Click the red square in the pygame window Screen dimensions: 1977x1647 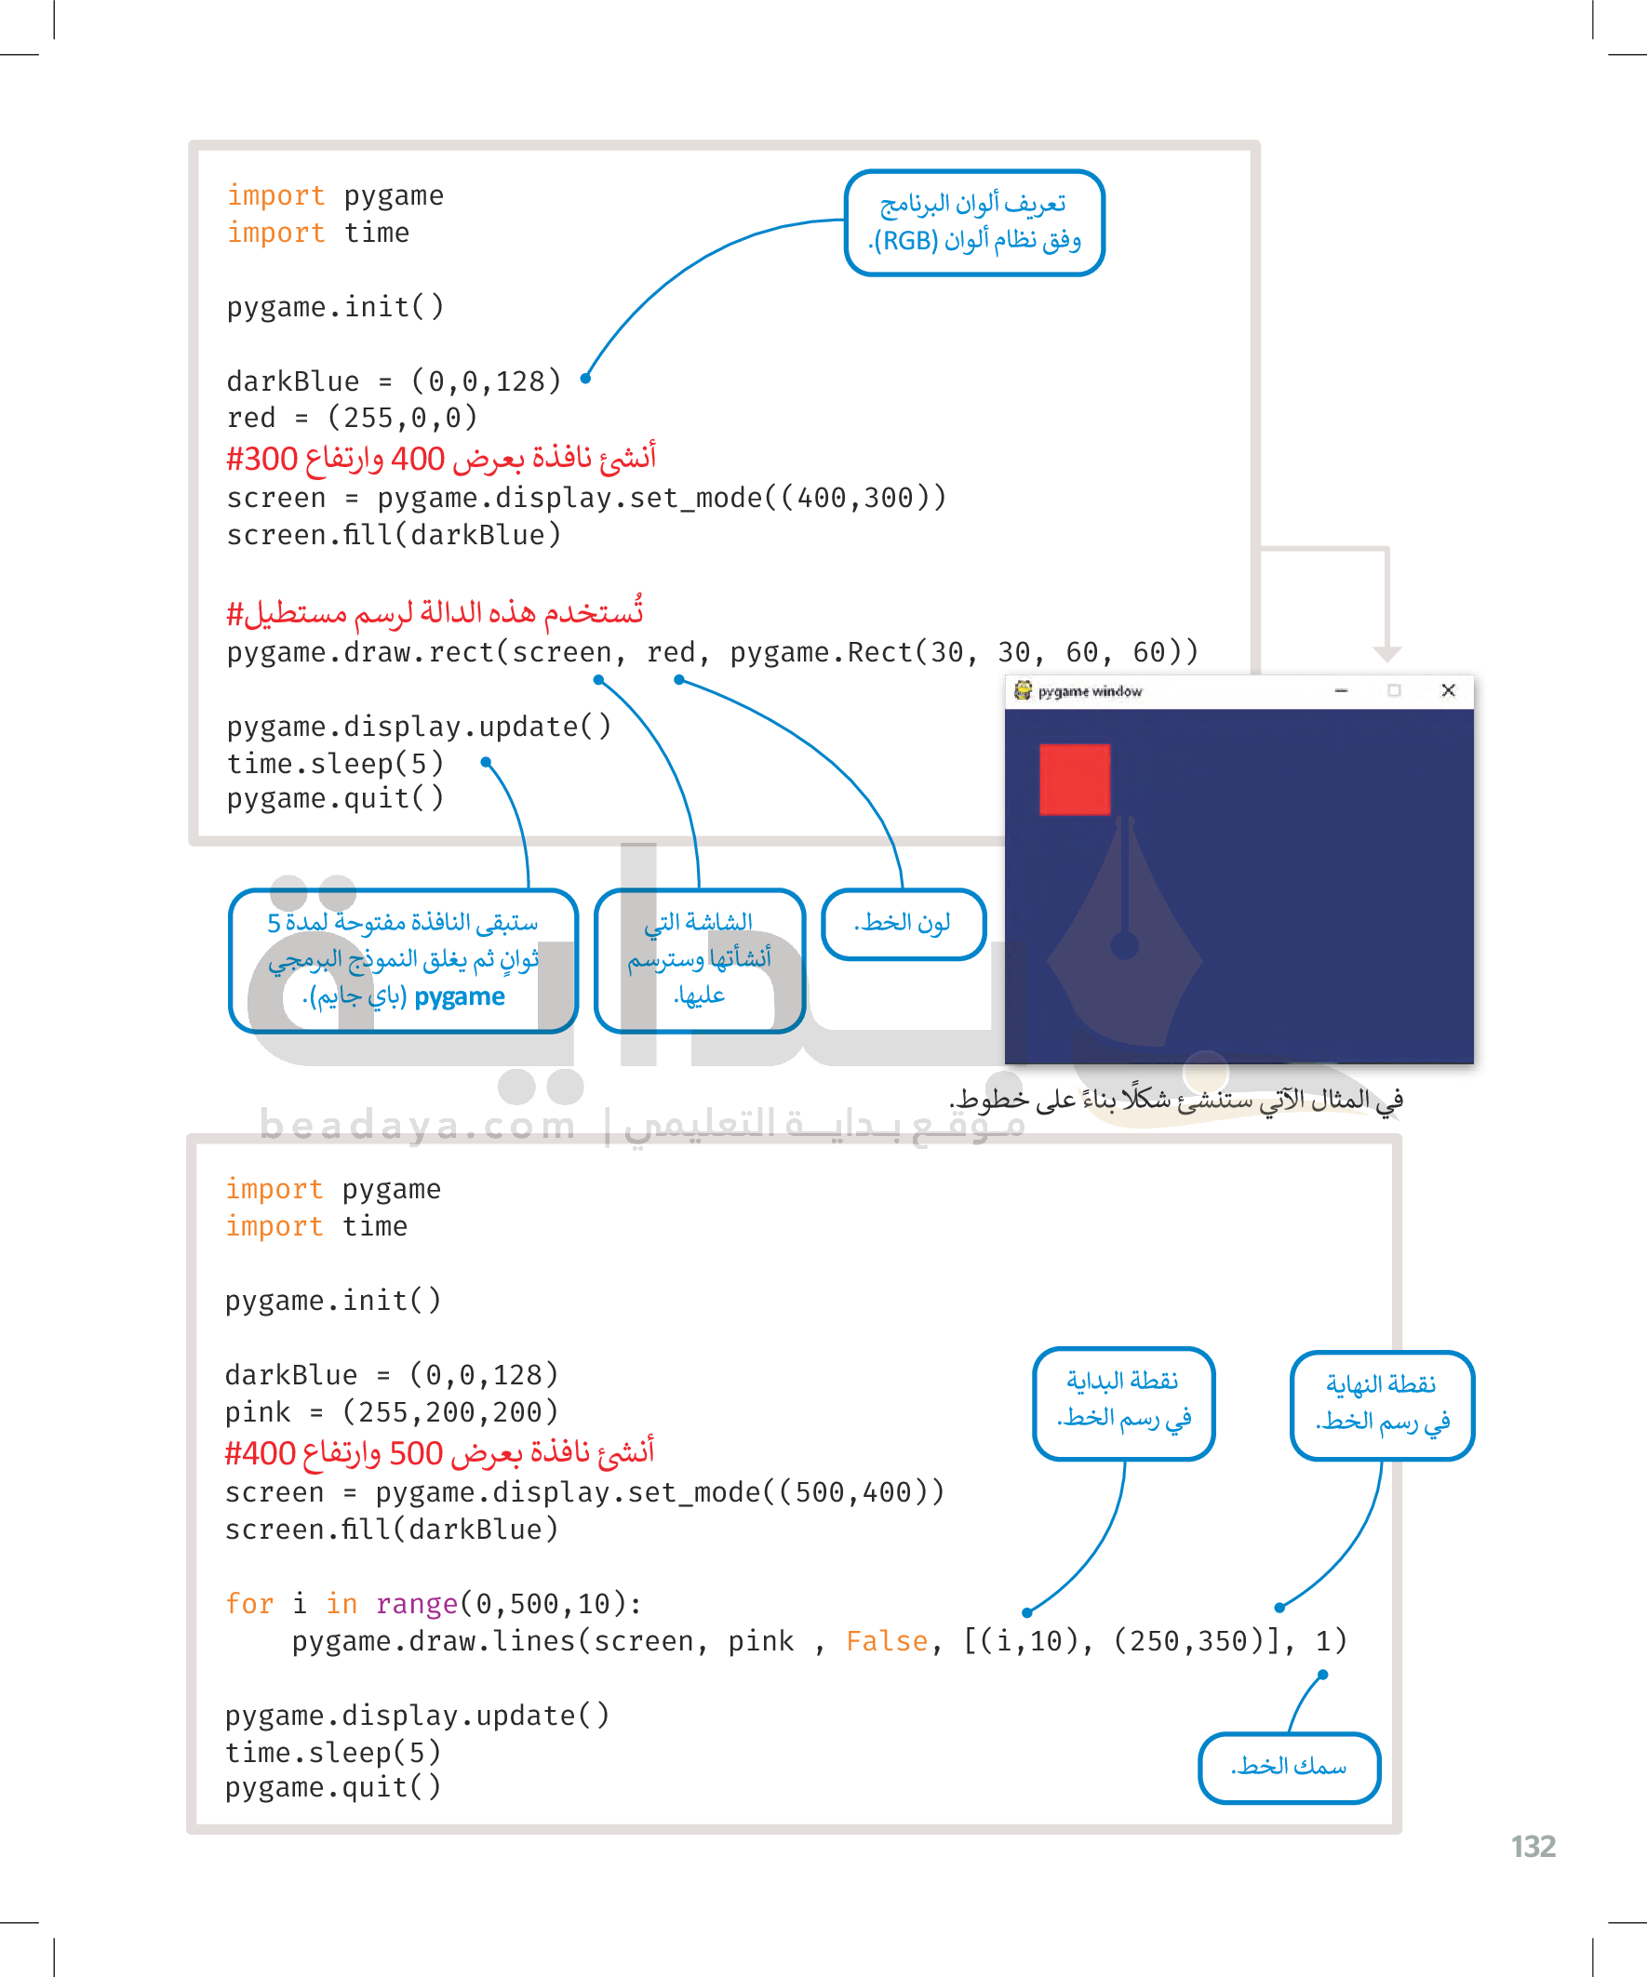point(1075,780)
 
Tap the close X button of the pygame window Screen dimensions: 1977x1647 point(1448,690)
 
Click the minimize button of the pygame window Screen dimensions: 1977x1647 point(1341,690)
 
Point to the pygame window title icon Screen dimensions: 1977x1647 point(1023,690)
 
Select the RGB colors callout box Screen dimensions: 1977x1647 point(974,222)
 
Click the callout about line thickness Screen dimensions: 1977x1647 point(1288,1767)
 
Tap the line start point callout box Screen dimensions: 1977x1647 point(1123,1402)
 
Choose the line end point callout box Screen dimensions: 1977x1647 point(1382,1404)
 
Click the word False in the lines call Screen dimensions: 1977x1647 point(887,1641)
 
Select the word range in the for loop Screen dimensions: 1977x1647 point(416,1603)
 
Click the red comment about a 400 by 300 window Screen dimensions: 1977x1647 point(441,459)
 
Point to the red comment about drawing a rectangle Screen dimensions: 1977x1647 point(435,613)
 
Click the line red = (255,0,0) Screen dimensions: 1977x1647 point(352,418)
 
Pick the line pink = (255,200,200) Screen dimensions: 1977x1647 point(391,1412)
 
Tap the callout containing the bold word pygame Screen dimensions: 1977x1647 point(403,959)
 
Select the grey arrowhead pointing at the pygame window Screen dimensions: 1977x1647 point(1386,653)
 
